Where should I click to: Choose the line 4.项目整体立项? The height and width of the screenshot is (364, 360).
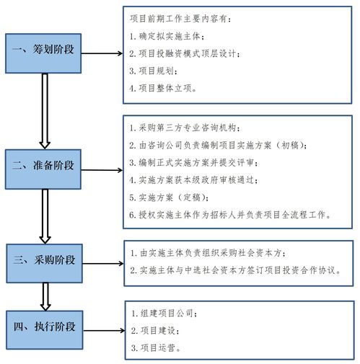click(166, 88)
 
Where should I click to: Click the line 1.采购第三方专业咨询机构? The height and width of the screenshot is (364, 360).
click(190, 128)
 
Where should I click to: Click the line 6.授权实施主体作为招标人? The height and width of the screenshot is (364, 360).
click(231, 214)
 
